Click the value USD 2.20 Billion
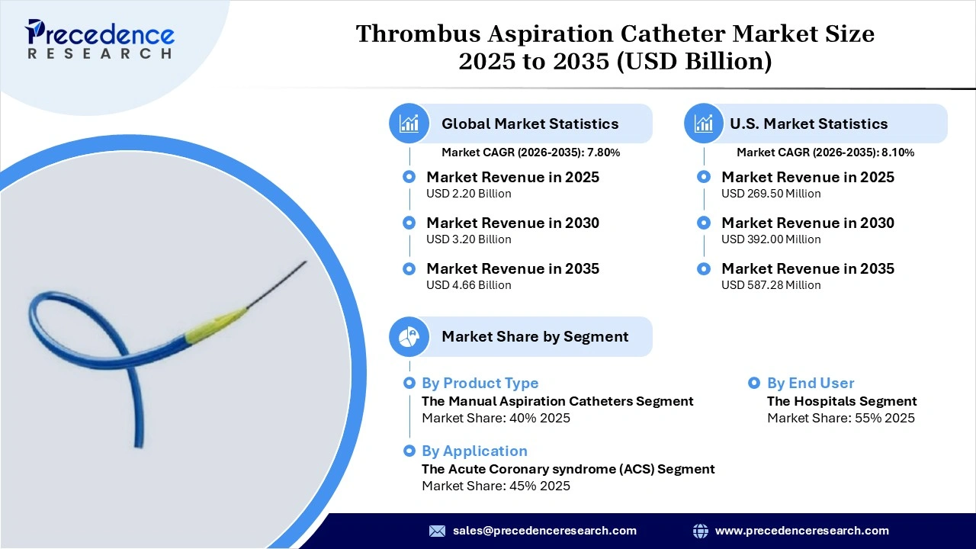click(x=468, y=194)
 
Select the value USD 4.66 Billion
click(x=468, y=285)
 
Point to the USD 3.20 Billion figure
click(x=468, y=239)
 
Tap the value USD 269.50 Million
click(x=771, y=194)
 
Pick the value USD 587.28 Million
click(x=771, y=285)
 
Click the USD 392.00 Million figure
click(x=771, y=239)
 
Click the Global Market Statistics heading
click(x=530, y=124)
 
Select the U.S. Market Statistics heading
click(x=808, y=124)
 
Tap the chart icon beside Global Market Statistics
click(x=409, y=124)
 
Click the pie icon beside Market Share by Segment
click(x=409, y=336)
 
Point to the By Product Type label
click(x=480, y=384)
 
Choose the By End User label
click(x=811, y=384)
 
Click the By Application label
click(x=474, y=451)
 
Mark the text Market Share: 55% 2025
click(x=840, y=418)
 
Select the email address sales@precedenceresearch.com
click(x=544, y=531)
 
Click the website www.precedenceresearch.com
click(x=801, y=531)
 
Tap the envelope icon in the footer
click(x=437, y=531)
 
